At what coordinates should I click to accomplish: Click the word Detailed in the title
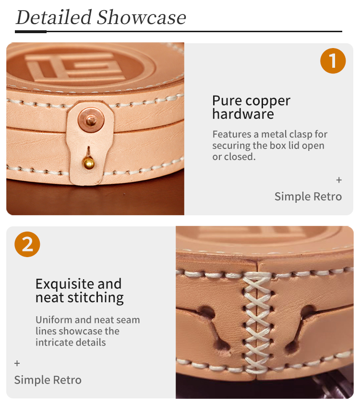tap(54, 17)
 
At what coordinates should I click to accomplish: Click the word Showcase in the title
tap(142, 17)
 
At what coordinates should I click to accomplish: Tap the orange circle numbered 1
tap(333, 61)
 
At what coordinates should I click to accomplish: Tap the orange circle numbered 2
tap(27, 244)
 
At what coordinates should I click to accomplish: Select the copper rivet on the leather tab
tap(91, 120)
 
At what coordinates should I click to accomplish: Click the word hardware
tap(243, 114)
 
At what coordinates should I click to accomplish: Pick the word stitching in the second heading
tap(96, 298)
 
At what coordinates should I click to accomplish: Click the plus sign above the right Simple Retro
tap(339, 180)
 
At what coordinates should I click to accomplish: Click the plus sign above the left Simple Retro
tap(17, 363)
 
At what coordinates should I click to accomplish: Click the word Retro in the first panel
tap(328, 197)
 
